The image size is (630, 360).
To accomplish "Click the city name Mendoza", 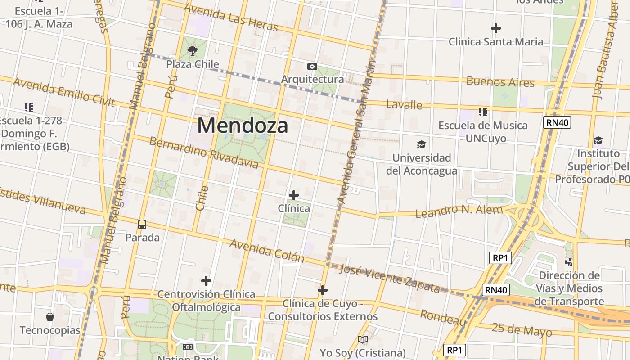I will [x=243, y=126].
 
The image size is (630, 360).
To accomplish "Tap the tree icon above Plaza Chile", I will [x=193, y=51].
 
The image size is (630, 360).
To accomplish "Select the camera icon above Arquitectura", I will [x=312, y=67].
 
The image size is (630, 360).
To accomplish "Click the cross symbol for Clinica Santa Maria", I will [x=496, y=28].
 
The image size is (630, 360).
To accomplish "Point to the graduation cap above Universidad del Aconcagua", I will [x=421, y=144].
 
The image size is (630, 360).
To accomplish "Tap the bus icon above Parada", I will [x=142, y=224].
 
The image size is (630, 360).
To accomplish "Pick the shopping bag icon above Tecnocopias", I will [x=50, y=317].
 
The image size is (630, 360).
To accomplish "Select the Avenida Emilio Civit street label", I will [x=64, y=92].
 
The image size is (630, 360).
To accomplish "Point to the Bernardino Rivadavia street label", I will [x=204, y=153].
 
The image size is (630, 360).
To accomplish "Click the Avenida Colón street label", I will [x=267, y=251].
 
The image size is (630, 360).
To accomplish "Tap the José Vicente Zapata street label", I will [x=390, y=278].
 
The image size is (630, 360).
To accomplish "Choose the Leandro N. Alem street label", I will [x=459, y=211].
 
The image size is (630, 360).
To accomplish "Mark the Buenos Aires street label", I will [x=500, y=82].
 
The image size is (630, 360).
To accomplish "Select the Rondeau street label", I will [x=443, y=317].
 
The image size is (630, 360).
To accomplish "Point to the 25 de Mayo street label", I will [x=522, y=330].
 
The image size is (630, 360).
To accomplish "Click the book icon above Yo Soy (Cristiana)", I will [x=363, y=339].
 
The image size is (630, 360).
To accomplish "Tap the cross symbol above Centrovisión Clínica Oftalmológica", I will [x=206, y=281].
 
